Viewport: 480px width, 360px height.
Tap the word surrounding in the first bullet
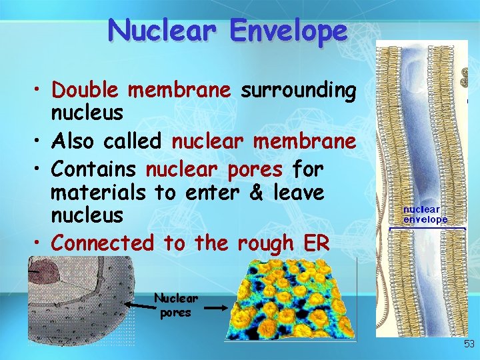click(298, 89)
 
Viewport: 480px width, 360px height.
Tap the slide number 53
click(469, 344)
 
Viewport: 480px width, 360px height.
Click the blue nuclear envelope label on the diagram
click(425, 215)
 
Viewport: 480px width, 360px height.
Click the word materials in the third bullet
click(98, 193)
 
